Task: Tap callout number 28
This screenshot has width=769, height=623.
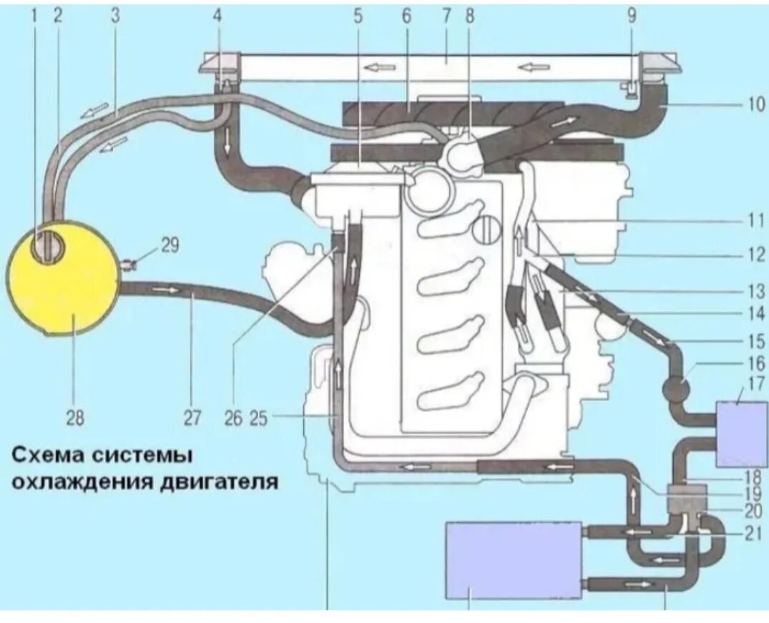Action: (74, 417)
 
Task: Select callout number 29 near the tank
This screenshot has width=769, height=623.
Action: (170, 245)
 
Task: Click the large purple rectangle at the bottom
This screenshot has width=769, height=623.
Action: (514, 559)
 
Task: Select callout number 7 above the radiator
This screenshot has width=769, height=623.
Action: (447, 16)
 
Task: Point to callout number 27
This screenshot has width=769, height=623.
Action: (192, 417)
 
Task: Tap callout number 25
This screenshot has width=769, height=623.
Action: (258, 417)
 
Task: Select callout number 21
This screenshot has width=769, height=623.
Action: (753, 533)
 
